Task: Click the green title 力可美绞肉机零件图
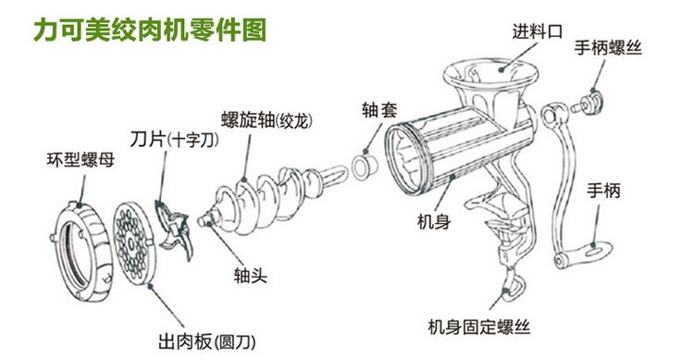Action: click(x=149, y=27)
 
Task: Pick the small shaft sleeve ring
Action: click(x=363, y=167)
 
